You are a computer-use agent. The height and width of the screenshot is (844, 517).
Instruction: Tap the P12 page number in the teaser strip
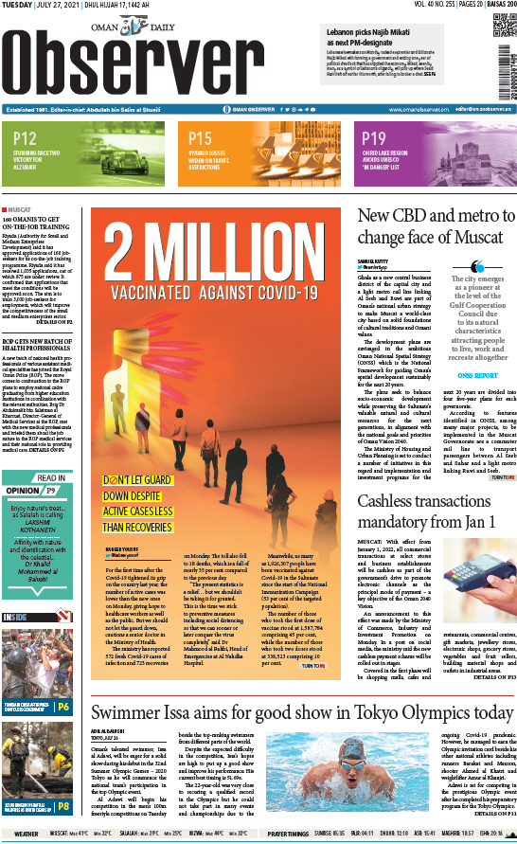pos(26,139)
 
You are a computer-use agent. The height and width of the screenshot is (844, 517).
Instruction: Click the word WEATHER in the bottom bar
pos(26,835)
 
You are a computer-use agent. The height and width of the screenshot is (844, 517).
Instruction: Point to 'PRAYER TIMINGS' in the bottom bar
pos(287,835)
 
